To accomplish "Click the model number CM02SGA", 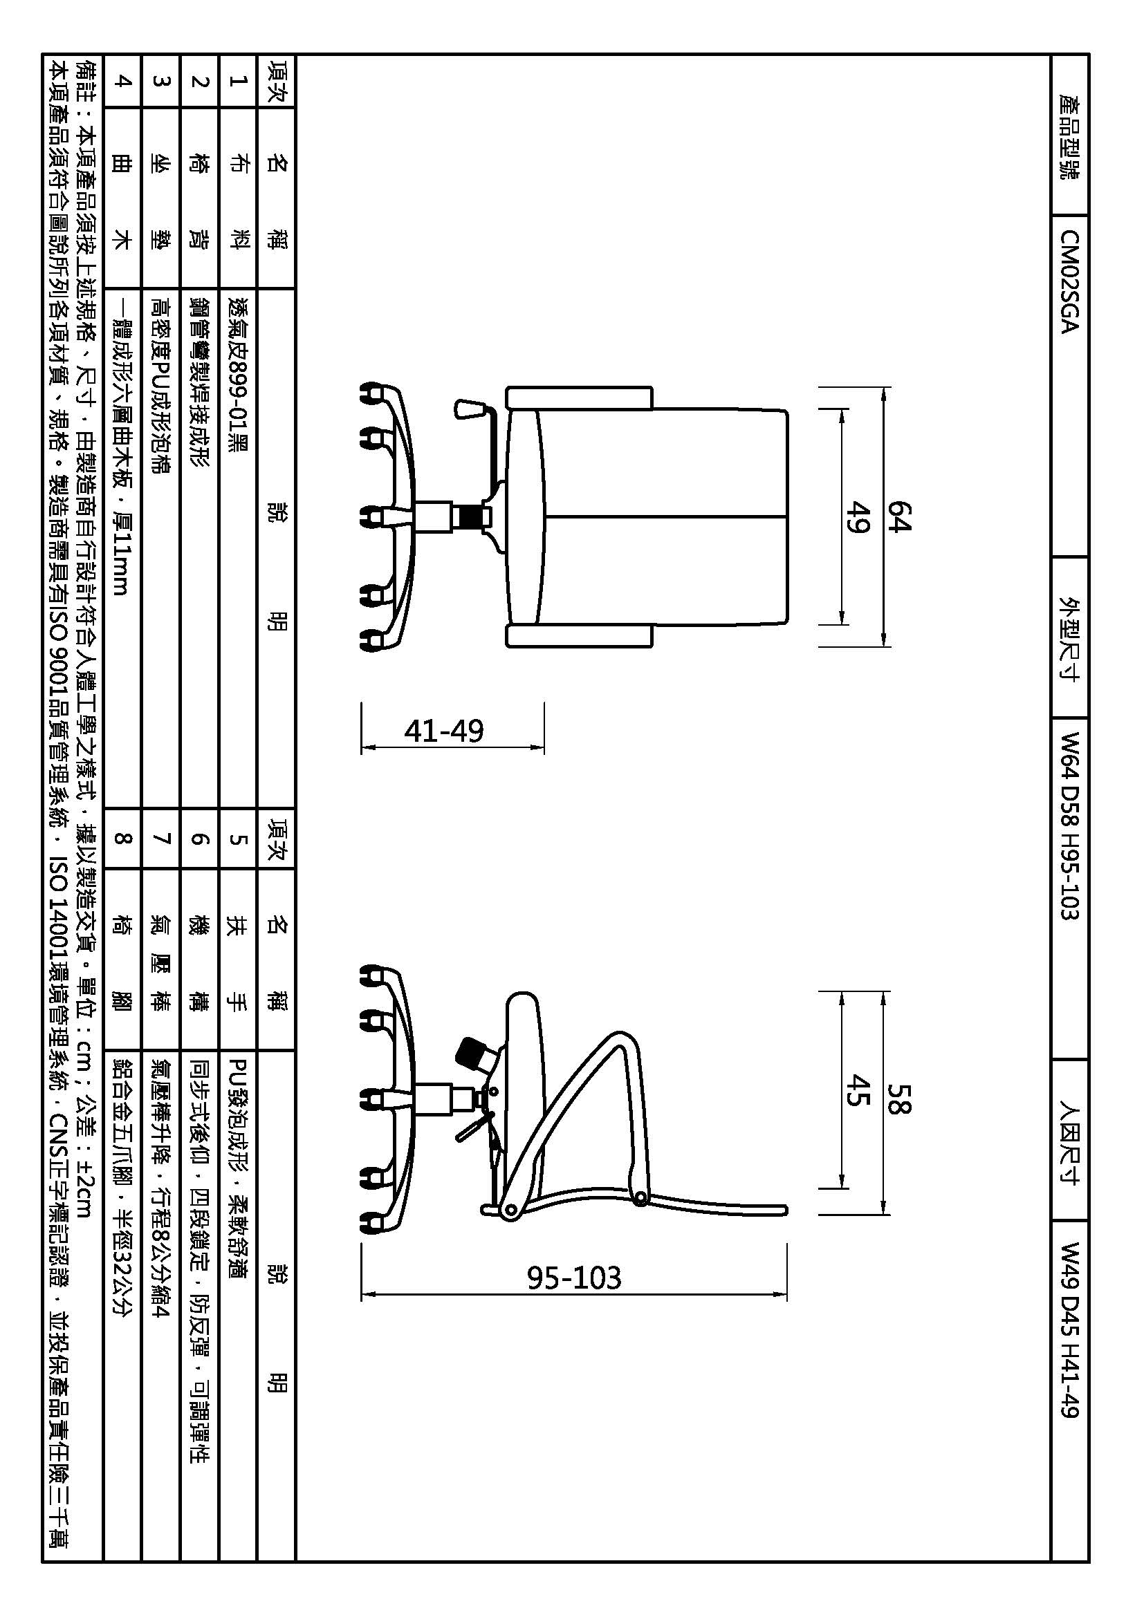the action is click(1069, 281).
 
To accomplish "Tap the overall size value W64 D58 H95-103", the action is click(1069, 825).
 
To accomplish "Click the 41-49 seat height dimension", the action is click(444, 731).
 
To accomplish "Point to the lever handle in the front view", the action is click(470, 409).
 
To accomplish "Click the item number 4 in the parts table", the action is click(122, 81).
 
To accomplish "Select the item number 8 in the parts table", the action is click(122, 838).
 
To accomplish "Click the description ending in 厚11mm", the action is click(122, 447).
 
